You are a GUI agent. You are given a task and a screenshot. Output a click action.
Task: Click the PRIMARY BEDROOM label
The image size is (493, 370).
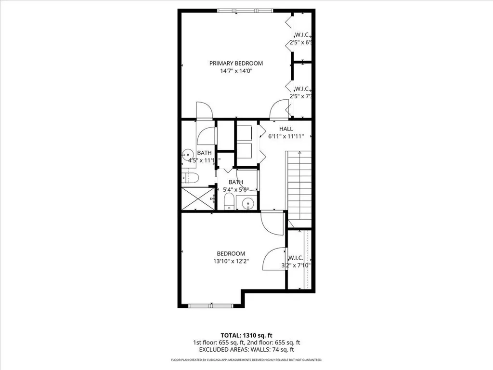tap(236, 63)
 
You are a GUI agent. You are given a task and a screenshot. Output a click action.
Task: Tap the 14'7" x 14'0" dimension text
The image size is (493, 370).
tap(236, 71)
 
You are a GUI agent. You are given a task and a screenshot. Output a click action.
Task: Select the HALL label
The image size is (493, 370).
tap(286, 129)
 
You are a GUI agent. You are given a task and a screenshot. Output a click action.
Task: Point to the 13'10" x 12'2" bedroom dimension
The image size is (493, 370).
tap(231, 262)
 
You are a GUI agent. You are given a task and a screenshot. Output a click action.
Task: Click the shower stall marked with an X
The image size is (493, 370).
tap(198, 198)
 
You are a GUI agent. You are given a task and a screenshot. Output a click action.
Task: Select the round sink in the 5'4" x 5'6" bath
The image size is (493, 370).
tap(247, 203)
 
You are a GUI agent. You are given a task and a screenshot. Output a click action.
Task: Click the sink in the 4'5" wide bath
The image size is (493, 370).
tap(186, 155)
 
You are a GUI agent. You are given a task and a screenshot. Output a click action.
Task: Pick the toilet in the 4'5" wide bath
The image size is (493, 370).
tap(190, 178)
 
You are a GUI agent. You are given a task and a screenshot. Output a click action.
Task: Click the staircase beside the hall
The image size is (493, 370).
tap(299, 185)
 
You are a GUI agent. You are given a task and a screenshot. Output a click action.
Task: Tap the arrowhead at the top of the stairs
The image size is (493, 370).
tap(299, 153)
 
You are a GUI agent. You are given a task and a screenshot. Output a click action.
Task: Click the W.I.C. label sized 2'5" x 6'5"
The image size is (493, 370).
tap(302, 39)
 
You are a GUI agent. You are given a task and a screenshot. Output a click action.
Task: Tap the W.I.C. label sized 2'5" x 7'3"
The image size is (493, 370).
tap(302, 92)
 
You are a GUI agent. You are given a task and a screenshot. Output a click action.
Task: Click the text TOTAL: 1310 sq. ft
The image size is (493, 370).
tap(246, 335)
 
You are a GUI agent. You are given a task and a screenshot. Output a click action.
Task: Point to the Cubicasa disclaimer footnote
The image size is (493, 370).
tap(246, 360)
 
